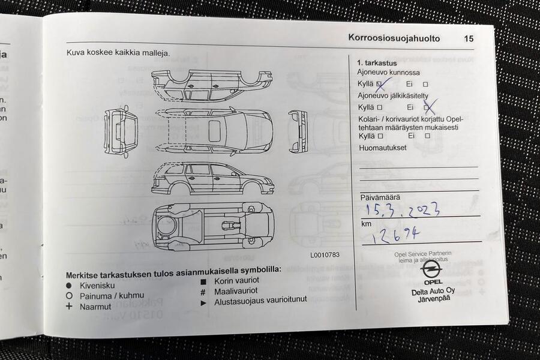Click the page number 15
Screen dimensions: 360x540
[469, 38]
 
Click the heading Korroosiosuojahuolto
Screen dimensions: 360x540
[394, 38]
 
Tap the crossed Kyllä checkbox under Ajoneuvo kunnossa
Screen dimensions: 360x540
[380, 85]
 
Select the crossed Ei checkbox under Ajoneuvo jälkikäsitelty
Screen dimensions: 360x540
[428, 107]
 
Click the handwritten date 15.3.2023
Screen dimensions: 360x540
[403, 209]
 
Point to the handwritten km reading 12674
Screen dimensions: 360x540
[395, 234]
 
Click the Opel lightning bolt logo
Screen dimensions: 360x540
[431, 269]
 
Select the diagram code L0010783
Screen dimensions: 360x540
[325, 254]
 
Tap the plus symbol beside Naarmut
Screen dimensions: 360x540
[69, 306]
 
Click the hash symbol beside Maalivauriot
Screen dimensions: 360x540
[203, 291]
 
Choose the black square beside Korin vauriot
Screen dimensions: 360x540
[203, 281]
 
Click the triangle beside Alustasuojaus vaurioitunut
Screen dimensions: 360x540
[203, 302]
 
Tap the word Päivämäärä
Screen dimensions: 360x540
[380, 197]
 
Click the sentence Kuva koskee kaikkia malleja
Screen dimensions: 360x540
[118, 53]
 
